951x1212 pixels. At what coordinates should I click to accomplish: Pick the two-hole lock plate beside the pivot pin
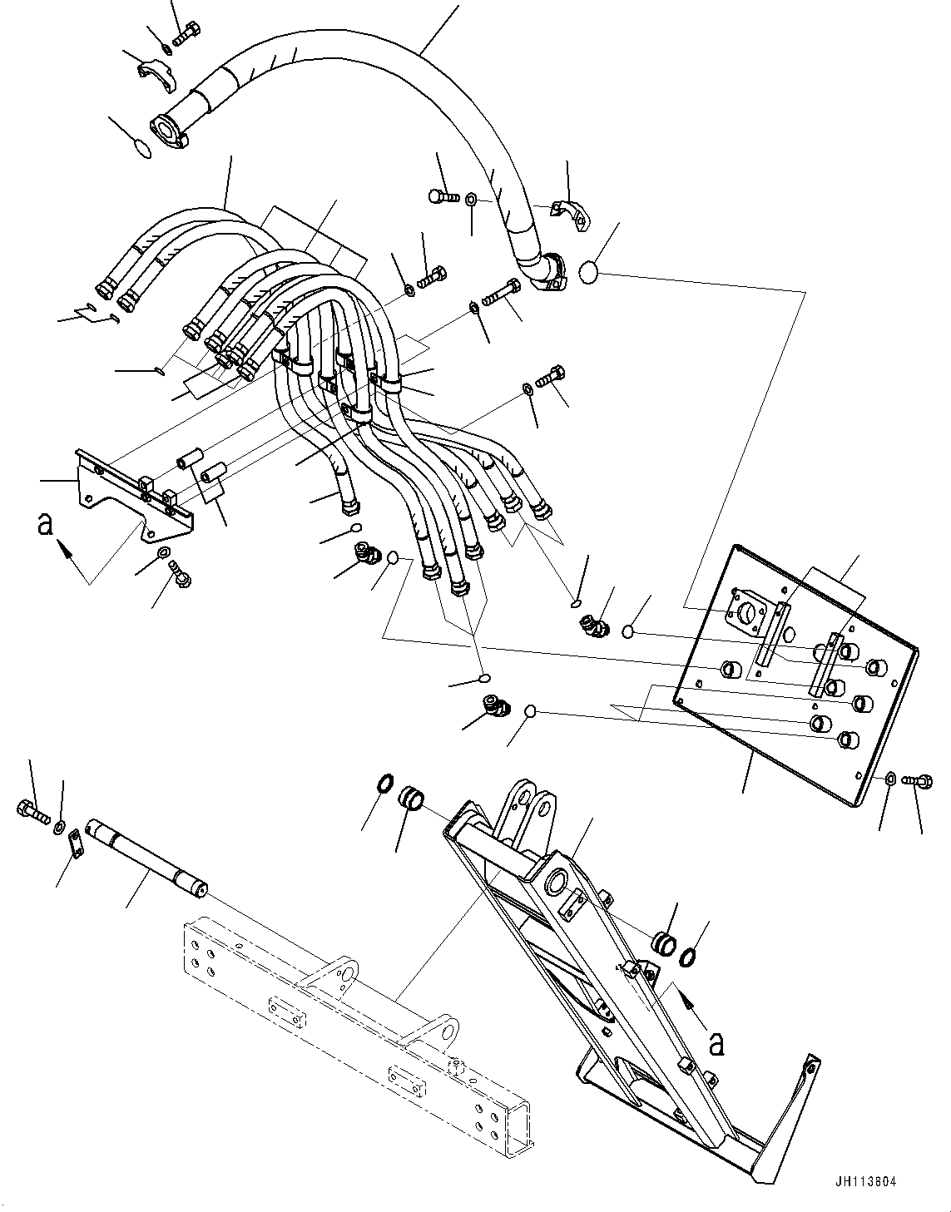[x=74, y=844]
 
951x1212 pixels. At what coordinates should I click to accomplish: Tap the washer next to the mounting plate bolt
[x=890, y=779]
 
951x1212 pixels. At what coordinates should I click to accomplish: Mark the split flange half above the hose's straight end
[x=156, y=72]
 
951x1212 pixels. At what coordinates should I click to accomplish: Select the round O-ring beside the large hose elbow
[x=589, y=273]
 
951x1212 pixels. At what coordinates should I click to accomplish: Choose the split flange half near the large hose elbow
[x=572, y=212]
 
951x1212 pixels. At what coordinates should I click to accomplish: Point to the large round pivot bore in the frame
[x=558, y=883]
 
